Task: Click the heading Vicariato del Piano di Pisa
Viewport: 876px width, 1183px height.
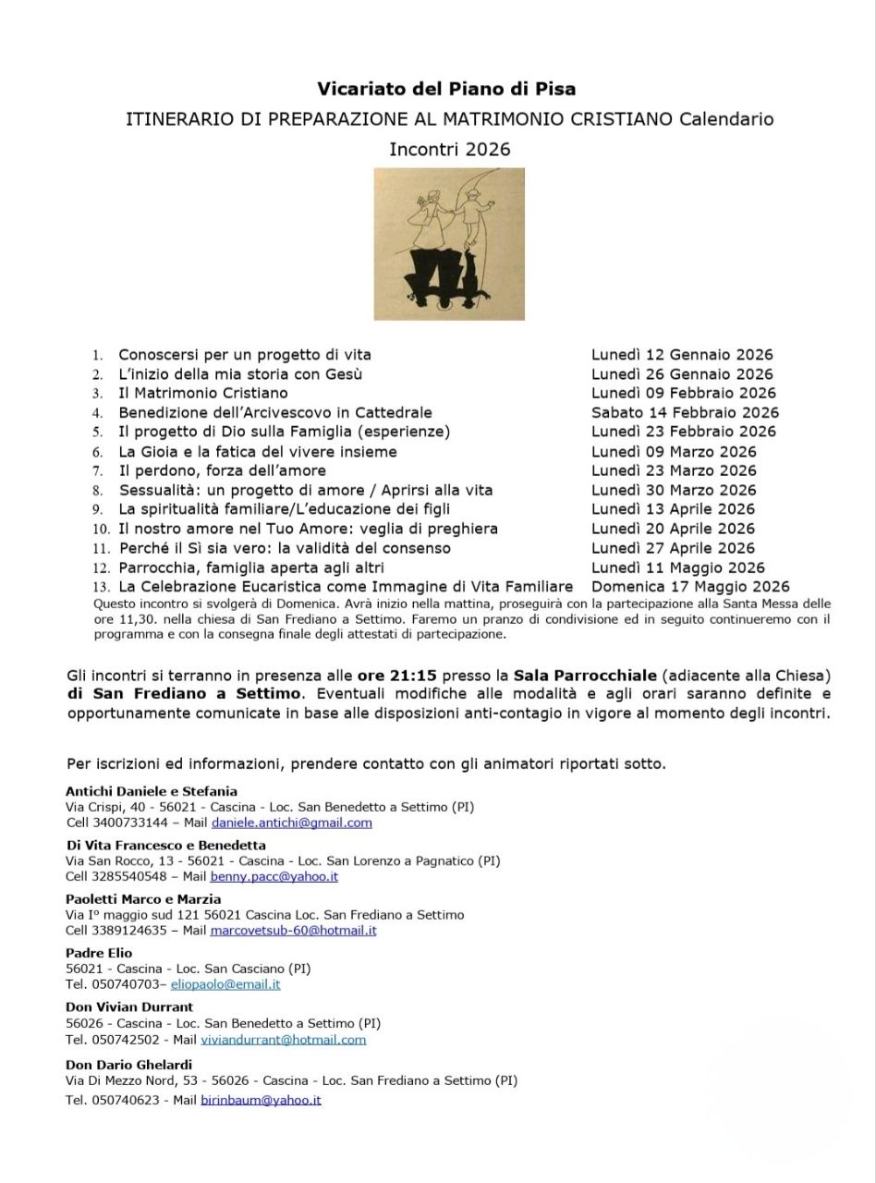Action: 446,89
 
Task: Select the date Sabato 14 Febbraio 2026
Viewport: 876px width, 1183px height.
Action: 685,412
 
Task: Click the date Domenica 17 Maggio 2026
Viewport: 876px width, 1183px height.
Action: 690,586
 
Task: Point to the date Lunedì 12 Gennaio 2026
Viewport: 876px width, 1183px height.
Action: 682,354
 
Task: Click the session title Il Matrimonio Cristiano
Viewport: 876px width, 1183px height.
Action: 202,393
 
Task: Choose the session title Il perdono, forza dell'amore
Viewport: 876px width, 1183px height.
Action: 222,470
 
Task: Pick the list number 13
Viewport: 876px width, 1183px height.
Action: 101,587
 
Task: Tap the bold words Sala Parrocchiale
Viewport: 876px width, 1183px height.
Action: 585,675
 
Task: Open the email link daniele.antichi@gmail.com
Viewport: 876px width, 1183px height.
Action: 291,823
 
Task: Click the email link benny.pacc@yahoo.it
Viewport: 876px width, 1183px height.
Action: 274,876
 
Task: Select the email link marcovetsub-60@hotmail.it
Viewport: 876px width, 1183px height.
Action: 293,931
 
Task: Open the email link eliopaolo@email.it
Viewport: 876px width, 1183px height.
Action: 225,984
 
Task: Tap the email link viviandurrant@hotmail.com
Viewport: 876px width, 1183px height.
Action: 283,1039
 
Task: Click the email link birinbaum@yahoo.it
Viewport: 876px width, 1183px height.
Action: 261,1100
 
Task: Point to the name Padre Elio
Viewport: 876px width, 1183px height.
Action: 99,953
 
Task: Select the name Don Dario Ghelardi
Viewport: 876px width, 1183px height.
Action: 128,1065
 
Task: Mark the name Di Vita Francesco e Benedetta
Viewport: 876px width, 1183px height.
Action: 165,845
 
